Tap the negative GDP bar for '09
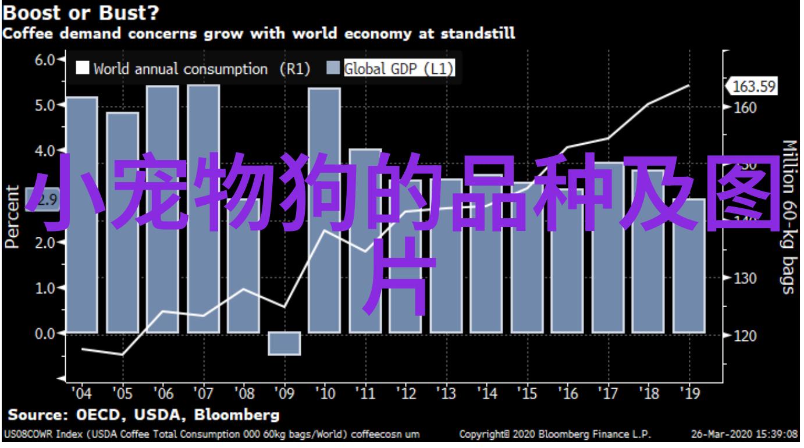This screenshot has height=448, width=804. point(284,343)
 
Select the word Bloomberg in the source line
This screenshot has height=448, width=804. point(237,415)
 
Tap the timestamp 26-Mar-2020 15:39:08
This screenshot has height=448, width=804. point(743,434)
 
